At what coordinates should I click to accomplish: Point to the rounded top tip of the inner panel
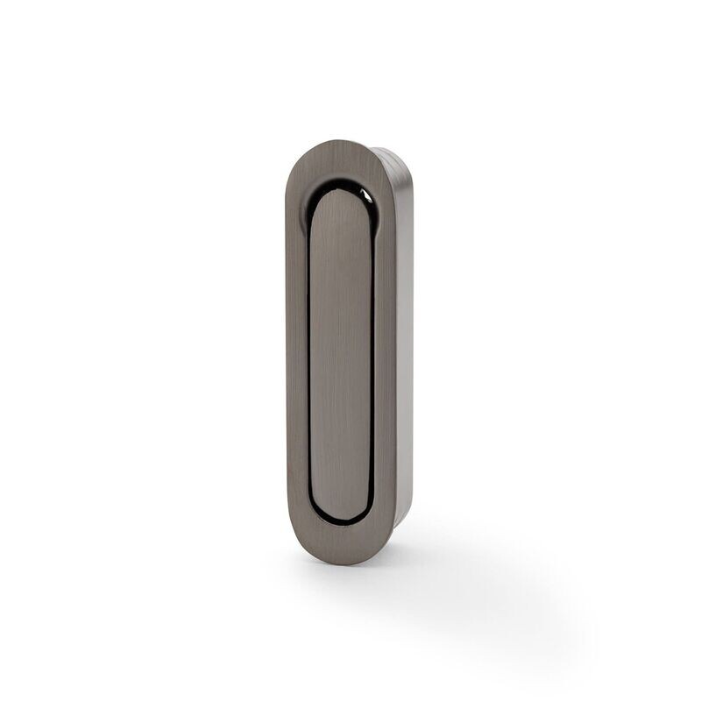pyautogui.click(x=343, y=196)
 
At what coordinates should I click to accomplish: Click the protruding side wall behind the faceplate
pyautogui.click(x=405, y=350)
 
